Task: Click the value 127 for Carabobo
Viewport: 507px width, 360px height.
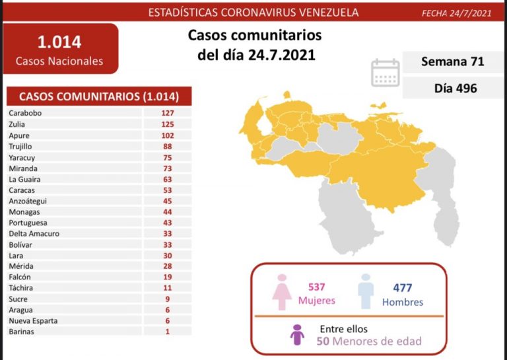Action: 166,113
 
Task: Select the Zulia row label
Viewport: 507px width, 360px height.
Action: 18,124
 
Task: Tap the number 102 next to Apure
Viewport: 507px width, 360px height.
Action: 166,135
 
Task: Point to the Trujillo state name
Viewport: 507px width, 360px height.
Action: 21,146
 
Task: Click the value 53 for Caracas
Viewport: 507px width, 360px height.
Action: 166,190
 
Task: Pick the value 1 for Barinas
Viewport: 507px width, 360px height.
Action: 167,332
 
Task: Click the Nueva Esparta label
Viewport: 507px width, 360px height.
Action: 33,320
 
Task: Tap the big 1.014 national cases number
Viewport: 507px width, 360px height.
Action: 59,42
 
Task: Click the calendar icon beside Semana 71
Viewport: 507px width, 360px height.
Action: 386,73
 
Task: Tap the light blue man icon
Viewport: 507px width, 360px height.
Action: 366,291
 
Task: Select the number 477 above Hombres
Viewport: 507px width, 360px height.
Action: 402,287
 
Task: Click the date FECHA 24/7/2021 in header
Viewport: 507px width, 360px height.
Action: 456,13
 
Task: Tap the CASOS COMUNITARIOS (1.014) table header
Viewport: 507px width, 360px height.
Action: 100,96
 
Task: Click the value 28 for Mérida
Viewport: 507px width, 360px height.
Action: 166,266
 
